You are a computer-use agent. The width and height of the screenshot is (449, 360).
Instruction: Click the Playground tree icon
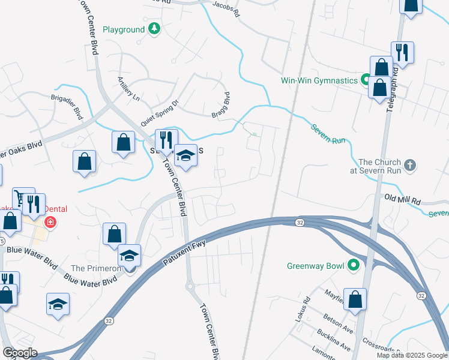point(155,29)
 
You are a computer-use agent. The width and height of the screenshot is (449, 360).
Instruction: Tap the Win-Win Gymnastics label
point(319,80)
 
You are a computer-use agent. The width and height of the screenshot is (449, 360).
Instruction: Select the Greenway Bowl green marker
point(354,264)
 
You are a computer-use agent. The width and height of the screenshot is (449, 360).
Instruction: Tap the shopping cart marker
point(21,198)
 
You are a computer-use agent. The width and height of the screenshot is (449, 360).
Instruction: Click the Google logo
point(19,353)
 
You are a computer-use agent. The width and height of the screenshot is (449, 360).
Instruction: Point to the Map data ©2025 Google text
point(411,355)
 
